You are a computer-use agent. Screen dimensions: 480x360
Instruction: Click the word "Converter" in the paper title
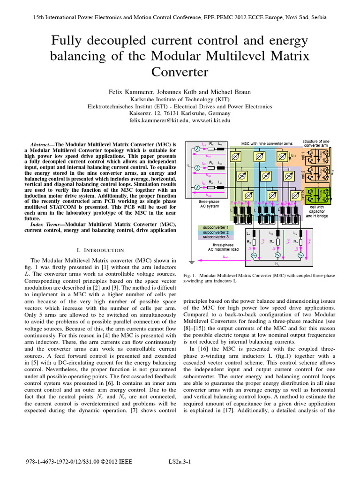pyautogui.click(x=180, y=73)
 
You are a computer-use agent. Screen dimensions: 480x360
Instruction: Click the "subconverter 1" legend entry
pyautogui.click(x=214, y=227)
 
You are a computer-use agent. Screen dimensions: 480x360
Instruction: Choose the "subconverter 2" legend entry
pyautogui.click(x=214, y=232)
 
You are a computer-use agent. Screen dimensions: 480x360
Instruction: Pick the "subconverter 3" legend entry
pyautogui.click(x=214, y=237)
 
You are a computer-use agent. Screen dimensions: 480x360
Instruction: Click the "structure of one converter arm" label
pyautogui.click(x=315, y=143)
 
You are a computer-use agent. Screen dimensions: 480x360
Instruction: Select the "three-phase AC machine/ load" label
pyautogui.click(x=223, y=247)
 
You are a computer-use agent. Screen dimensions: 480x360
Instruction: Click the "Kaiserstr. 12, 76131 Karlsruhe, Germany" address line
pyautogui.click(x=180, y=113)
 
